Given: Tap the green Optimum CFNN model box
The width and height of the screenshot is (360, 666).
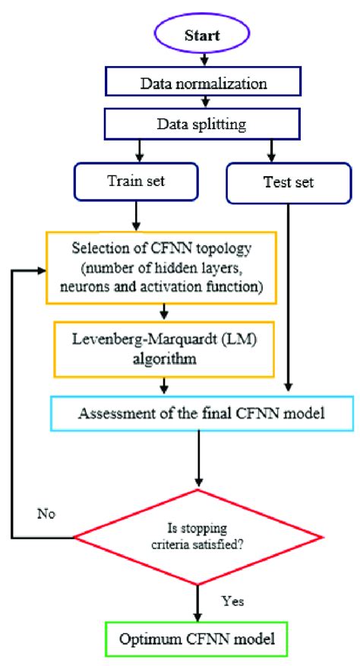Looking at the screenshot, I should click(200, 640).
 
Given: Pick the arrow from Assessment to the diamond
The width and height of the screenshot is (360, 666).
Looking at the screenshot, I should click(200, 459).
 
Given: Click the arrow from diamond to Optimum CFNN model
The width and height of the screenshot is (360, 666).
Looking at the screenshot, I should click(200, 600).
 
